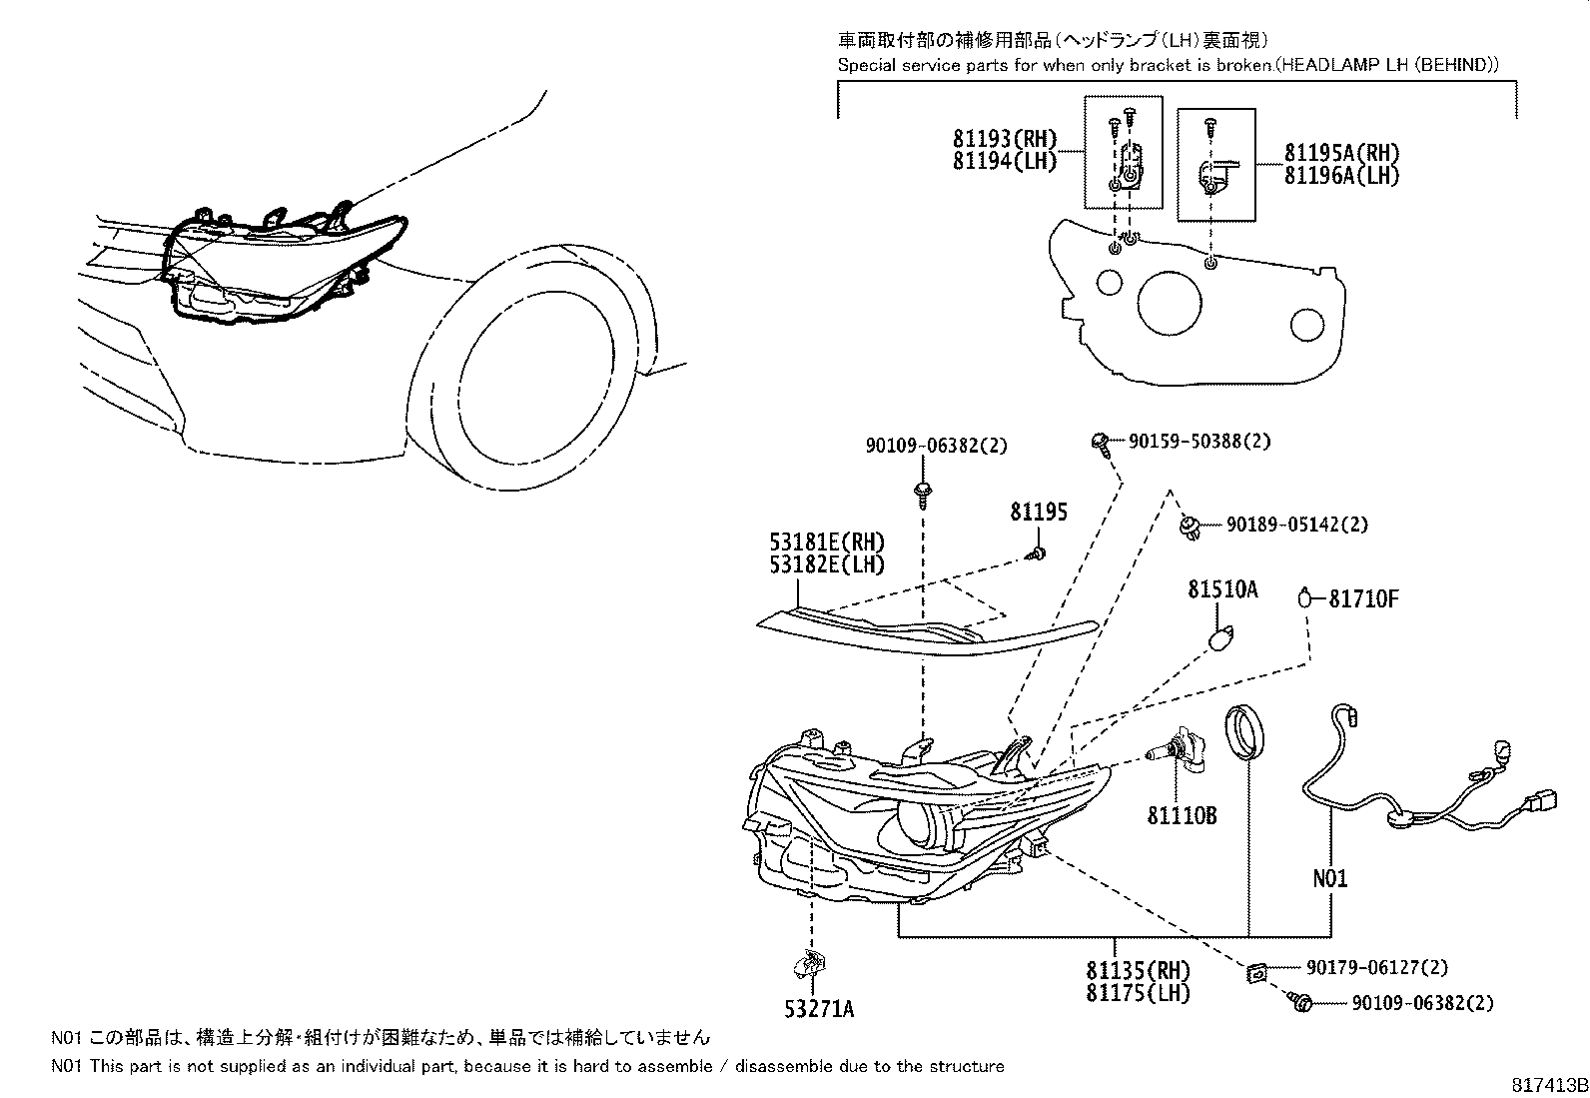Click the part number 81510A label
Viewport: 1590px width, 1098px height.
(1221, 590)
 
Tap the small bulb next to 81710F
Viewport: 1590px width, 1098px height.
(1305, 598)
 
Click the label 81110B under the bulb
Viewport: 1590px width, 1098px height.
(1182, 816)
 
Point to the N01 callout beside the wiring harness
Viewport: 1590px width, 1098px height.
(1329, 879)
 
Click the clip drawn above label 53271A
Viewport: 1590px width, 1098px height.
(808, 965)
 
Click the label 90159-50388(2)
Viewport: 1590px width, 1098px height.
(1199, 441)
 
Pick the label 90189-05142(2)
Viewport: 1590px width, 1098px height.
(1296, 525)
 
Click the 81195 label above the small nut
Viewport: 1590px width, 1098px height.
(1038, 513)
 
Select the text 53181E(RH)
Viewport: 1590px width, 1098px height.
(827, 543)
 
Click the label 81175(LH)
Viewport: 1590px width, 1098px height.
(1139, 993)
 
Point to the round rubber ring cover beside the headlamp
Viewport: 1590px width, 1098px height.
(1244, 734)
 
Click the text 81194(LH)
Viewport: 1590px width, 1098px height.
(1004, 162)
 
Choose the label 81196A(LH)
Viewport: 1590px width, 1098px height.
(1341, 175)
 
